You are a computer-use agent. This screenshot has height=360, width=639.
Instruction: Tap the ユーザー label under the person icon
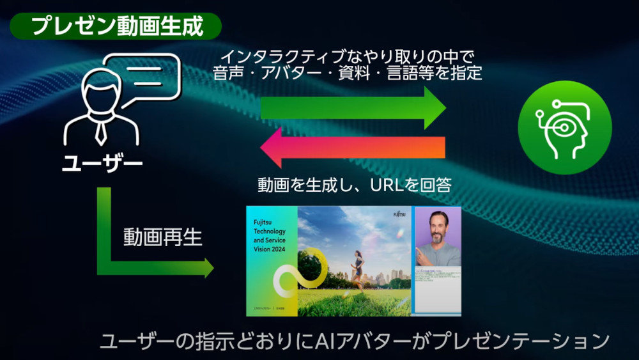[102, 164]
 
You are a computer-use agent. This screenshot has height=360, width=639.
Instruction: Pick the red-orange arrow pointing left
[352, 147]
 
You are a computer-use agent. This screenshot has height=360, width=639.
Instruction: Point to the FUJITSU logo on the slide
[400, 215]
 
